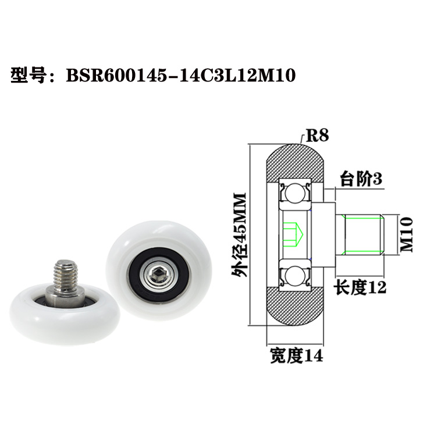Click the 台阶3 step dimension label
tap(361, 179)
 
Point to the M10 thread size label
tap(406, 234)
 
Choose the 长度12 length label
tap(360, 287)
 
